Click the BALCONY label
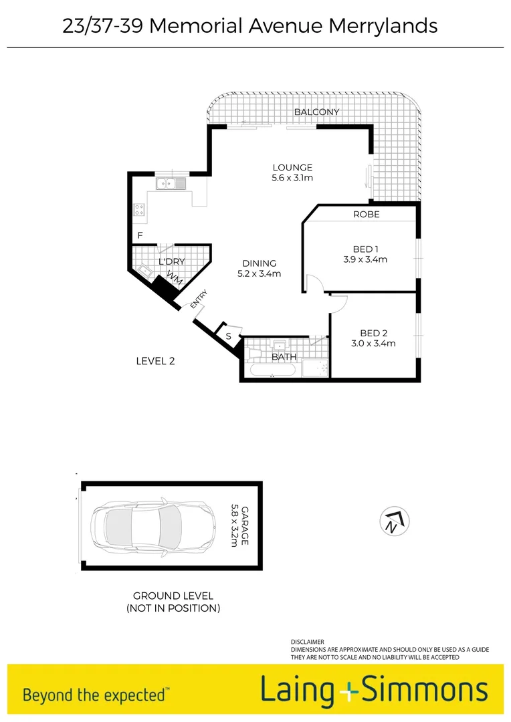coord(317,112)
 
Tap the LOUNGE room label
coord(292,167)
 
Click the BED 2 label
coord(374,333)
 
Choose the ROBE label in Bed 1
coord(367,215)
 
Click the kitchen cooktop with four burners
coord(140,211)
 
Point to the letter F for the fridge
coord(140,235)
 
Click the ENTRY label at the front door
coord(199,299)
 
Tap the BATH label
coord(284,357)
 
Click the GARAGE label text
coord(244,525)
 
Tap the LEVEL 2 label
coord(155,361)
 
